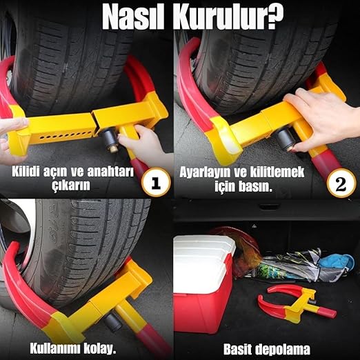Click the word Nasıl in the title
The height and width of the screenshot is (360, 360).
[133, 18]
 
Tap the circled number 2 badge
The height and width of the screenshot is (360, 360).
[341, 183]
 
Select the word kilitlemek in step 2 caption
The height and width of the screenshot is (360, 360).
[277, 172]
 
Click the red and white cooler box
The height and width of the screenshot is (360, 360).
[204, 281]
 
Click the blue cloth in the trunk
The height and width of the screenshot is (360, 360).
[335, 262]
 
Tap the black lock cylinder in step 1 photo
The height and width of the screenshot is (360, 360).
[108, 139]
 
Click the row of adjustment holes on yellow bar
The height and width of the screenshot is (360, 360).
[67, 136]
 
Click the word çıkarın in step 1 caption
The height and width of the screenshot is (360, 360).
[71, 186]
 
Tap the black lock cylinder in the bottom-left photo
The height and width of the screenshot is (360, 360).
[113, 321]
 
